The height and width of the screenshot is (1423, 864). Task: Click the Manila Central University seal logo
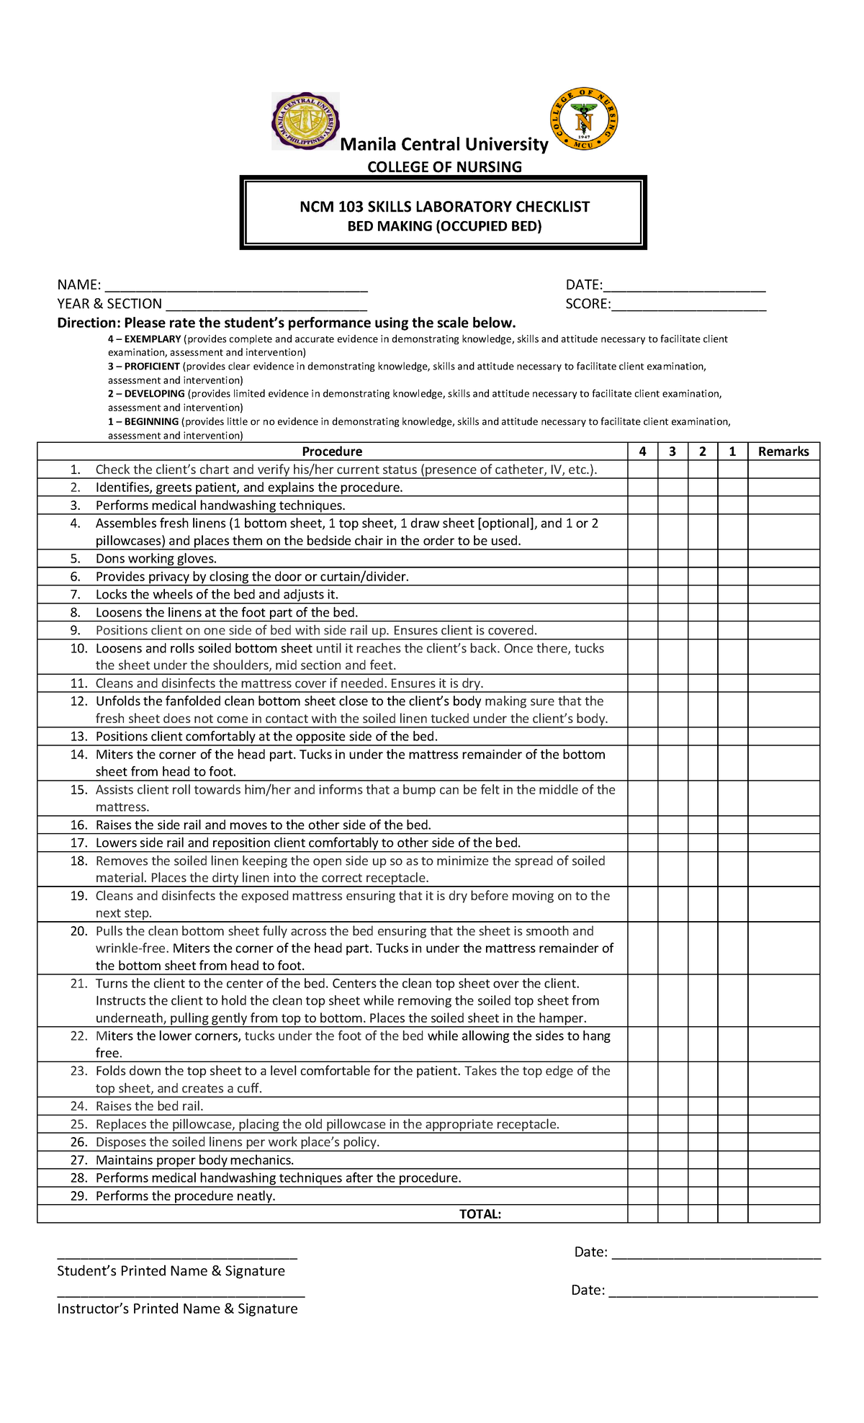305,121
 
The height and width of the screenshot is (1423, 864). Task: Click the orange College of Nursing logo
584,120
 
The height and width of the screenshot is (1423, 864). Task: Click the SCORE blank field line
688,308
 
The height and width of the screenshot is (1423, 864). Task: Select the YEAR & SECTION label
109,304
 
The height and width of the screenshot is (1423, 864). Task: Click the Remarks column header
783,452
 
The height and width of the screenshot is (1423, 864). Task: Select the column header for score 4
642,452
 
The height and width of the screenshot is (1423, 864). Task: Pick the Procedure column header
332,452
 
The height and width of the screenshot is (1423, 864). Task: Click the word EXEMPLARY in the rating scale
153,339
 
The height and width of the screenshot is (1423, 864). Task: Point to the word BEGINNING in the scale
151,422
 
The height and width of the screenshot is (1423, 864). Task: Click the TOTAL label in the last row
480,1214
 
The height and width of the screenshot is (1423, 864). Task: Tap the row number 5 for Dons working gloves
76,559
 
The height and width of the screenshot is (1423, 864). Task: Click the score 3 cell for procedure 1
672,470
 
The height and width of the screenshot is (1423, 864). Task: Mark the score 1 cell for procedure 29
732,1196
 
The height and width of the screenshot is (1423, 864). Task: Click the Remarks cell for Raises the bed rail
783,1106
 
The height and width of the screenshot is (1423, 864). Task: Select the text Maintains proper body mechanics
194,1160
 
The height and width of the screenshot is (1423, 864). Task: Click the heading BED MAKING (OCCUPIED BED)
444,226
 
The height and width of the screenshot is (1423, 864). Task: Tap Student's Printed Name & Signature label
171,1271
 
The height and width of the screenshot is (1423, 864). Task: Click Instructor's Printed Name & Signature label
177,1308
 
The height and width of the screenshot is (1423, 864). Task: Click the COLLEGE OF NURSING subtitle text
444,167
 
